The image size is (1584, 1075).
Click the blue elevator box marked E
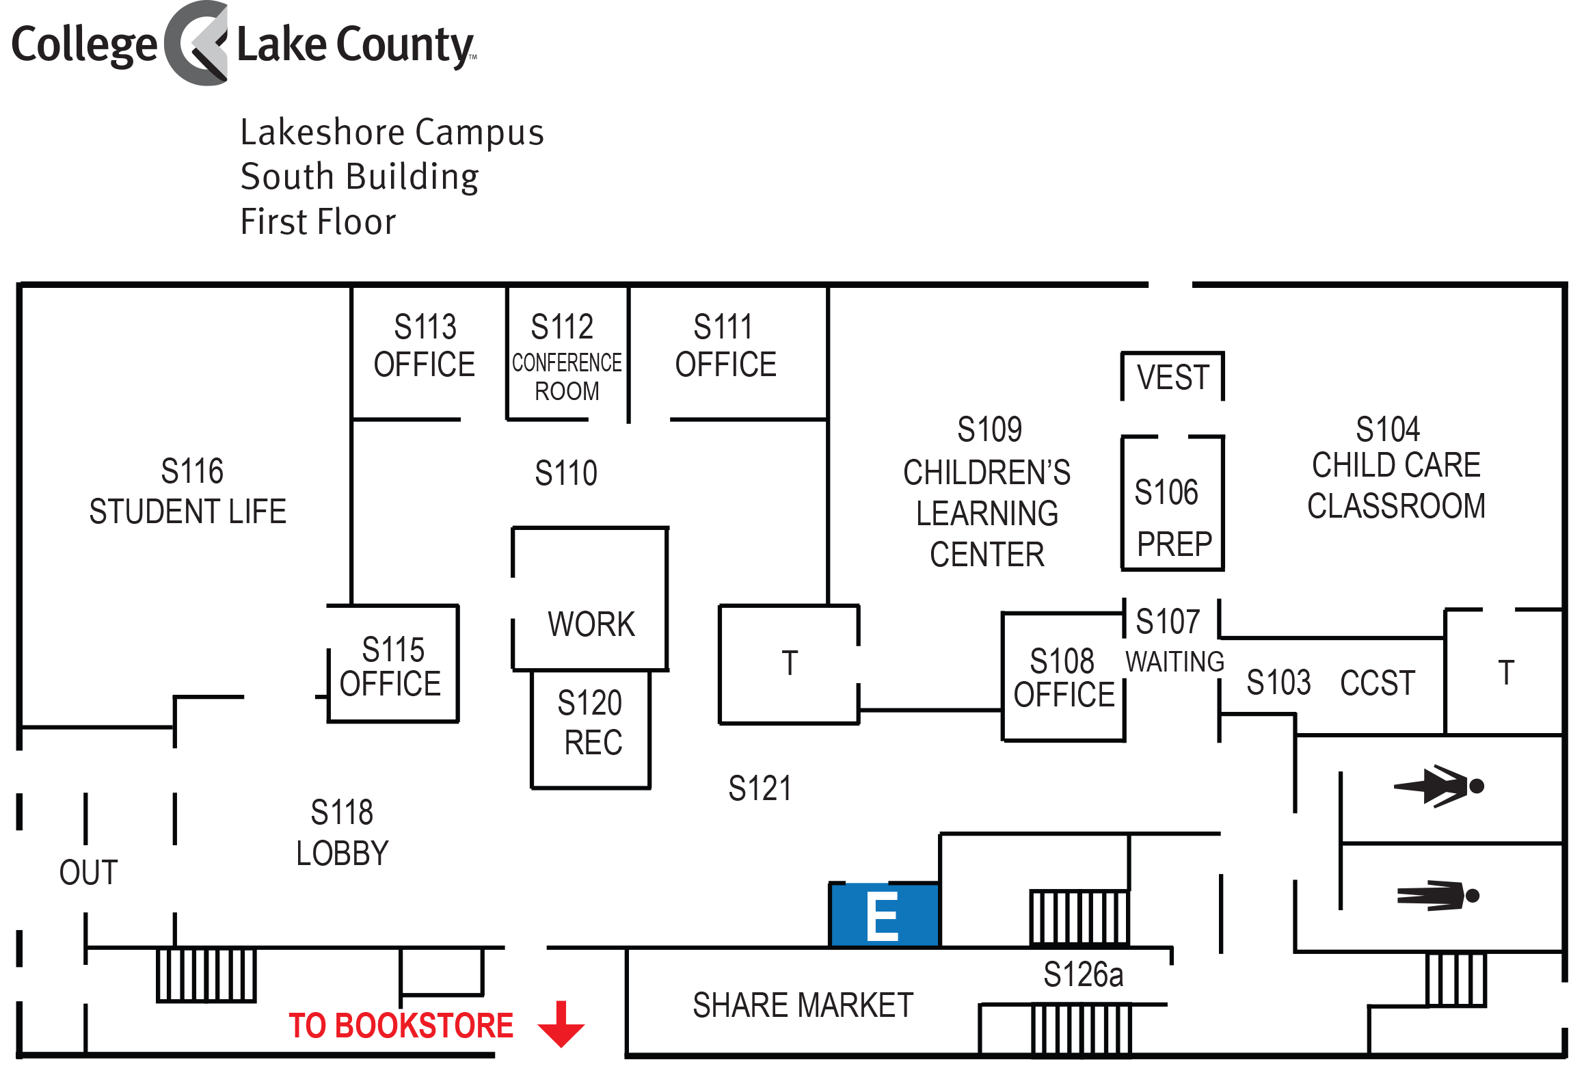(x=885, y=915)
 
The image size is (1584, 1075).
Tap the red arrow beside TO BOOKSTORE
(x=561, y=1024)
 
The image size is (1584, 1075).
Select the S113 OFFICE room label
(x=425, y=345)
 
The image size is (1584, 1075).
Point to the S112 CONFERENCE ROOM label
(x=567, y=357)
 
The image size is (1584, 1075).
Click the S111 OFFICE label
(x=725, y=345)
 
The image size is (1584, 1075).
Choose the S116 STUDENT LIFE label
(x=188, y=491)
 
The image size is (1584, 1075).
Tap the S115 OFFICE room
(x=393, y=664)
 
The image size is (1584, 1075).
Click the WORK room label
(x=591, y=624)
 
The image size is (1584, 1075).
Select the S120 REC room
(x=591, y=729)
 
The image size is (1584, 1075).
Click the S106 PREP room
(x=1173, y=503)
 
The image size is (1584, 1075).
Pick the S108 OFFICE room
(x=1064, y=676)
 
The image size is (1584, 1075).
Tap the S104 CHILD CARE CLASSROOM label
(x=1395, y=468)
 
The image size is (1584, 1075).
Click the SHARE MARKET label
(x=803, y=1005)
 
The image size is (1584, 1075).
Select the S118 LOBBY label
(x=343, y=833)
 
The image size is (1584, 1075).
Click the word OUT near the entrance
(x=89, y=873)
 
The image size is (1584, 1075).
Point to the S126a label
(x=1083, y=974)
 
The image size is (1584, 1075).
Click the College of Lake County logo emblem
(x=197, y=43)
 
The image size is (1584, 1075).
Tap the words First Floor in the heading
(x=319, y=222)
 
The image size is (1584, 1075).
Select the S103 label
(x=1278, y=682)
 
